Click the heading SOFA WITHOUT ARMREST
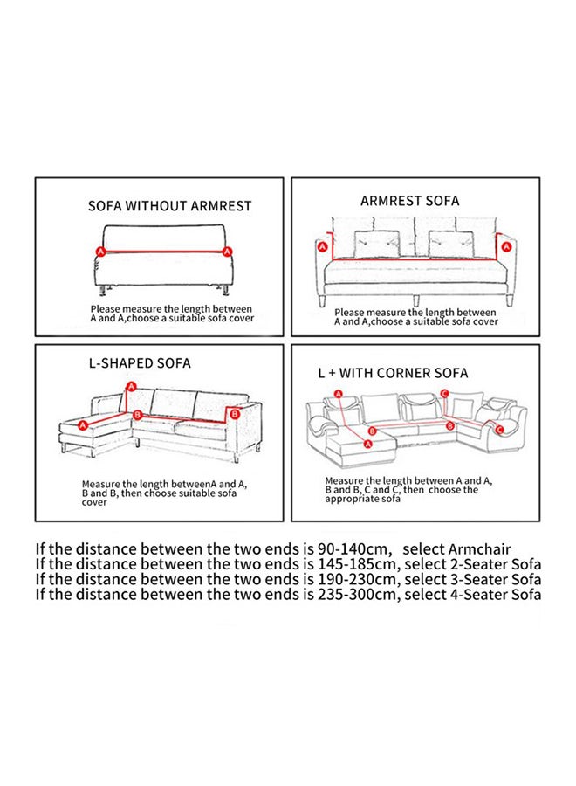[x=169, y=206]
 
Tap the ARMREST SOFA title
[x=409, y=201]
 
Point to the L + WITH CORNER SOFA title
[x=393, y=373]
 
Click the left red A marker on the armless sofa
[x=99, y=251]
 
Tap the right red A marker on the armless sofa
[x=227, y=251]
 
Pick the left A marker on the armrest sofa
[x=323, y=248]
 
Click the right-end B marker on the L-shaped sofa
[x=233, y=414]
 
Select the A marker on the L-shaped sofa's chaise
[x=84, y=425]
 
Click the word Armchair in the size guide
[x=479, y=549]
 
